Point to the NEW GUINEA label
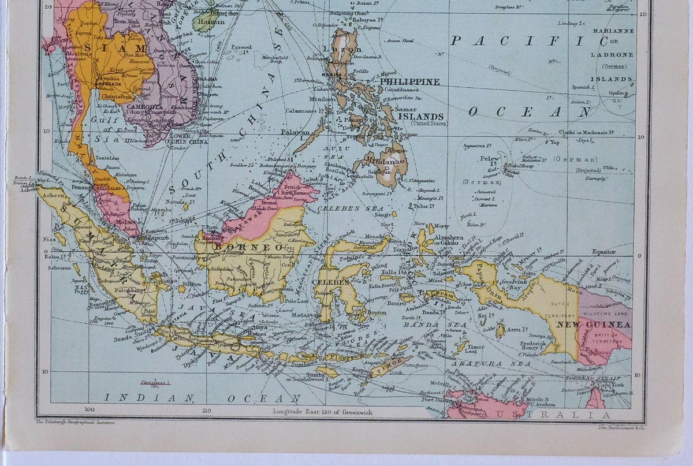click(593, 325)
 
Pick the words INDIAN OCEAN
click(202, 398)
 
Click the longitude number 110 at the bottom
click(207, 411)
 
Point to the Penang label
click(79, 188)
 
